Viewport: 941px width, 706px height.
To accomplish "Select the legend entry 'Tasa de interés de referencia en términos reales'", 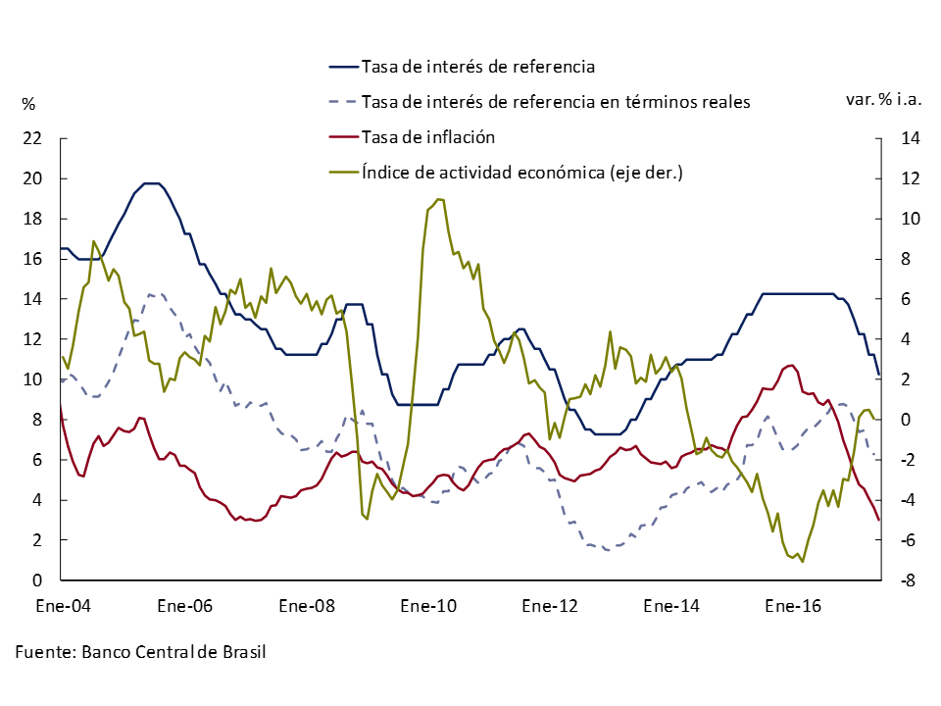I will [x=556, y=101].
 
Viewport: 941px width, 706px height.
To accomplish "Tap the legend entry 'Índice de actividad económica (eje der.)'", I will [x=521, y=172].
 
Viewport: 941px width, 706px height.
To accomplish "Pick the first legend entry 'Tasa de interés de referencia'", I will [x=478, y=67].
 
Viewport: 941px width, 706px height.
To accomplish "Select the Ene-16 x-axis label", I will [x=793, y=606].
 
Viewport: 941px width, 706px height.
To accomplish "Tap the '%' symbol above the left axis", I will [x=28, y=103].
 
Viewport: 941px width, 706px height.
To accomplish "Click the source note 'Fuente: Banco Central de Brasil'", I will [x=141, y=652].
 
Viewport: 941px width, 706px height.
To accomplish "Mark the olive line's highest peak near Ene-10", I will [x=438, y=199].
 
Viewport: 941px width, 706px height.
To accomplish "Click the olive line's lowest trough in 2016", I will [x=803, y=562].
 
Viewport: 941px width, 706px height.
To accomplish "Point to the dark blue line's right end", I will [x=879, y=375].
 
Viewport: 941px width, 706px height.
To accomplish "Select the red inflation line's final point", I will [x=879, y=521].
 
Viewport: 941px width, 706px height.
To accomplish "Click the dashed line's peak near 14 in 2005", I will [x=150, y=293].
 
